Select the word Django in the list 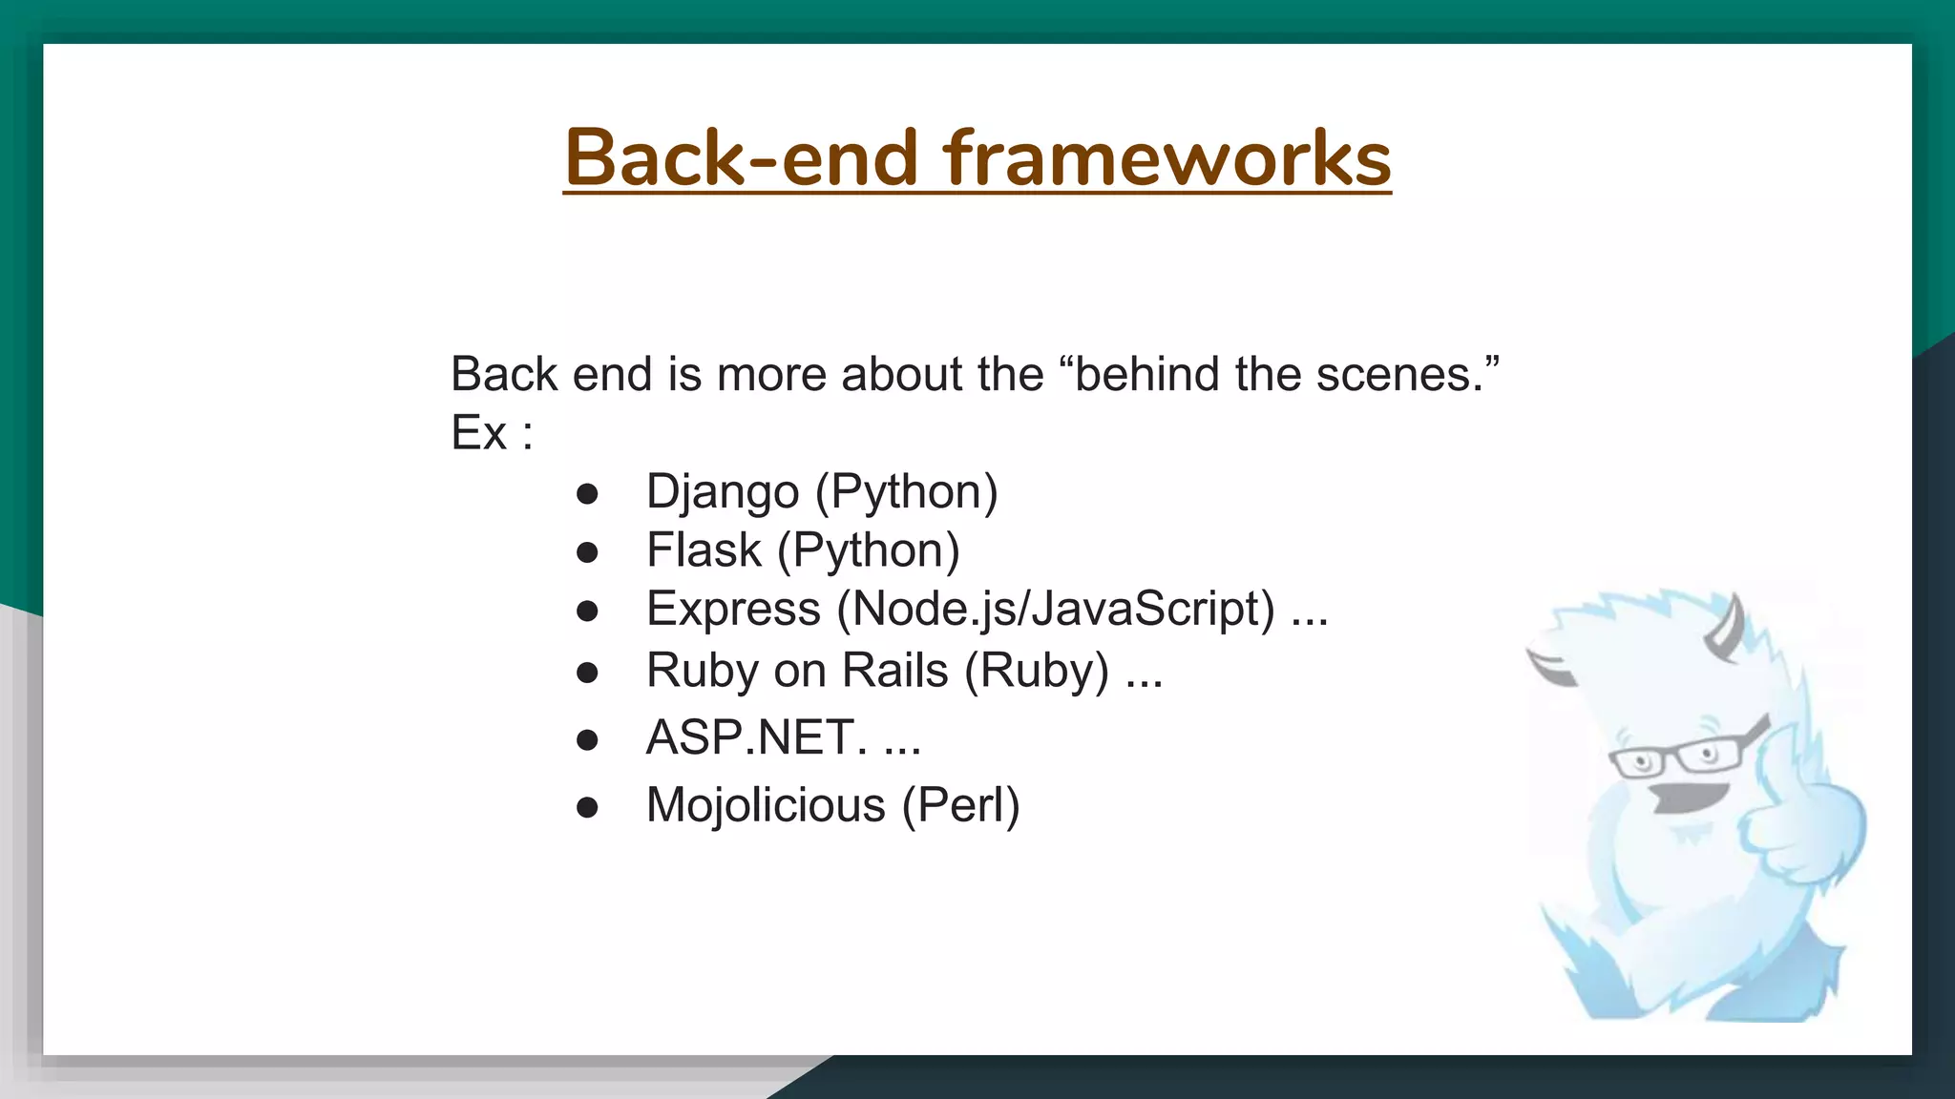click(x=723, y=492)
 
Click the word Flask click(x=704, y=550)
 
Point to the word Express click(x=733, y=609)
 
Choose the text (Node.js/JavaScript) click(x=1056, y=609)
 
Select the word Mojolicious click(x=766, y=805)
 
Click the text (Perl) click(x=961, y=805)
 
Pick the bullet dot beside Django click(x=587, y=494)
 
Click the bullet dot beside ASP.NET click(x=587, y=739)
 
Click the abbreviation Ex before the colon click(x=478, y=433)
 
